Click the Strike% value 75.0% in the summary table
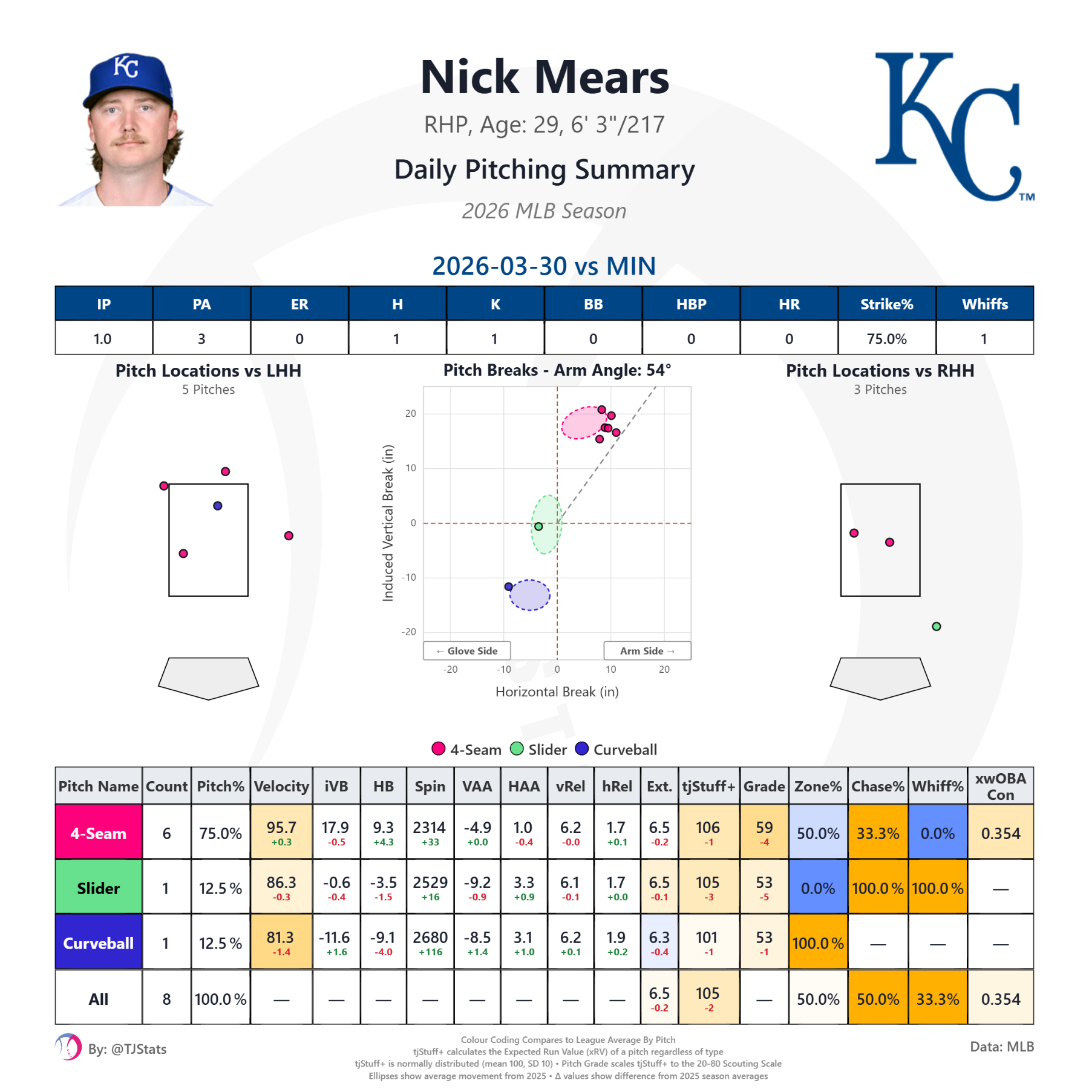click(x=886, y=339)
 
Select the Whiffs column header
click(x=984, y=304)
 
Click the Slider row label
click(x=99, y=888)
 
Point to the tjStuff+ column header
click(x=708, y=786)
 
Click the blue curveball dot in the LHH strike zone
click(x=218, y=506)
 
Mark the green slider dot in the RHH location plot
click(x=936, y=626)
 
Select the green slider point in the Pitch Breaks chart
click(x=538, y=526)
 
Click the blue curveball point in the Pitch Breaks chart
click(x=509, y=586)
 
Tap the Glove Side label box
click(x=467, y=651)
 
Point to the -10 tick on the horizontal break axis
click(x=503, y=669)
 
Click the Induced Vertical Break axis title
click(x=388, y=523)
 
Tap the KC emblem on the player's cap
click(x=126, y=67)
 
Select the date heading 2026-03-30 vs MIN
click(x=544, y=266)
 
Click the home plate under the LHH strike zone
click(x=209, y=678)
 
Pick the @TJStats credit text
click(x=127, y=1049)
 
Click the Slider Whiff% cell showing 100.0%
click(x=937, y=888)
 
